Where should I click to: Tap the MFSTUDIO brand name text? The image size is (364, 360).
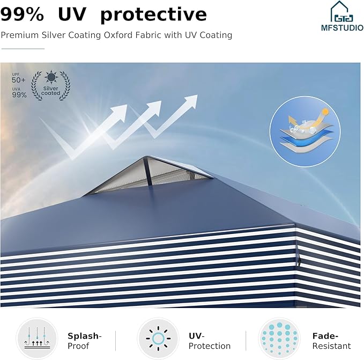pos(343,28)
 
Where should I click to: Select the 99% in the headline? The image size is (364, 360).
pos(22,14)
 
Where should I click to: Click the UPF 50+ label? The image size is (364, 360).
pos(18,78)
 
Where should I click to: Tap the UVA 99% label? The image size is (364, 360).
pos(19,93)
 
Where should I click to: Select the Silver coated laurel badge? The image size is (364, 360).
pos(50,85)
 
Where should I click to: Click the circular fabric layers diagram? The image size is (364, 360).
pos(305,131)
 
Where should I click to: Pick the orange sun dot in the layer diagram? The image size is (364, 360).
pos(326,112)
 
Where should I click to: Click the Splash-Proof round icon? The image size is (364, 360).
pos(37,339)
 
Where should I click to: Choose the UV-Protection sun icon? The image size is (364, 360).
pos(158,339)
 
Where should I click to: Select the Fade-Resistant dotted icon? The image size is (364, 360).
pos(279,339)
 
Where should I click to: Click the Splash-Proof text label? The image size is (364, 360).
pos(85,341)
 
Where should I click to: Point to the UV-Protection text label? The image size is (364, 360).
pos(210,341)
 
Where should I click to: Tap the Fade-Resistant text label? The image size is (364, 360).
pos(331,341)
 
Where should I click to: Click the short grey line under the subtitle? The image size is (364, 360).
pos(23,49)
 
